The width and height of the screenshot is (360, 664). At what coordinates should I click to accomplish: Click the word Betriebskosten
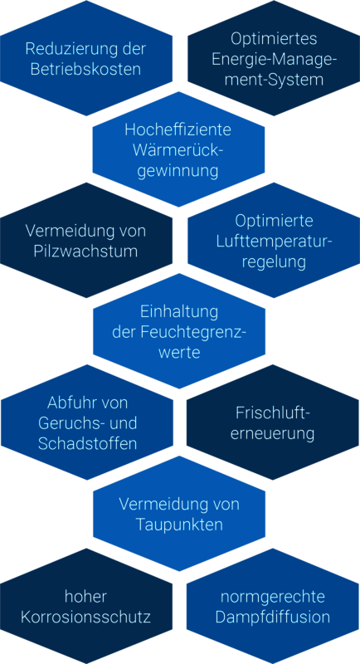pos(86,69)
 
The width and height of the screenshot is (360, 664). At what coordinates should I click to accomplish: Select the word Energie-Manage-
pos(274,59)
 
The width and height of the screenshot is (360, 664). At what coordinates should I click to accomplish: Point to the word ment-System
pos(274,80)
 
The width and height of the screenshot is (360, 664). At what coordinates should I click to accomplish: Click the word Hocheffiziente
pos(178,130)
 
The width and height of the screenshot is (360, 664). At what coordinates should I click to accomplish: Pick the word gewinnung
pos(178,172)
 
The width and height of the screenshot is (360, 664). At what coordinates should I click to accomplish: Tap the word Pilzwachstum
pos(86,251)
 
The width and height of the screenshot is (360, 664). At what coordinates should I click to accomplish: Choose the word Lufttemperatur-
pos(274,242)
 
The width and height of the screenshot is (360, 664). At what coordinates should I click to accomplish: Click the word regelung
pos(274,262)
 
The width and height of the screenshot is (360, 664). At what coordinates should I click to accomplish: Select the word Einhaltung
pos(179,312)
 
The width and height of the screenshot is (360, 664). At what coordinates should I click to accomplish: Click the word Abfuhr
pos(69,403)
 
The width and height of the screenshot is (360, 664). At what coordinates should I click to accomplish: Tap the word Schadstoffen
pos(87,443)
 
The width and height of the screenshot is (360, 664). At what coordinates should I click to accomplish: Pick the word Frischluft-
pos(272,413)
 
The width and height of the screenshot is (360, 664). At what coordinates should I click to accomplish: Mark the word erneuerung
pos(272,434)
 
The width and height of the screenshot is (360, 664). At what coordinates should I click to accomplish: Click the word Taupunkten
pos(179,525)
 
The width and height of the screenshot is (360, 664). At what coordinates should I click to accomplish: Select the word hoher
pos(86,597)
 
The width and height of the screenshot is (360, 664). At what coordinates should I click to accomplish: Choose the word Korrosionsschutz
pos(86,617)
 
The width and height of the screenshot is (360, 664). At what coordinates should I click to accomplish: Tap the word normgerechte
pos(273,597)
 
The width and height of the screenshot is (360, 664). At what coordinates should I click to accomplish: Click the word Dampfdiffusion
pos(273,617)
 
